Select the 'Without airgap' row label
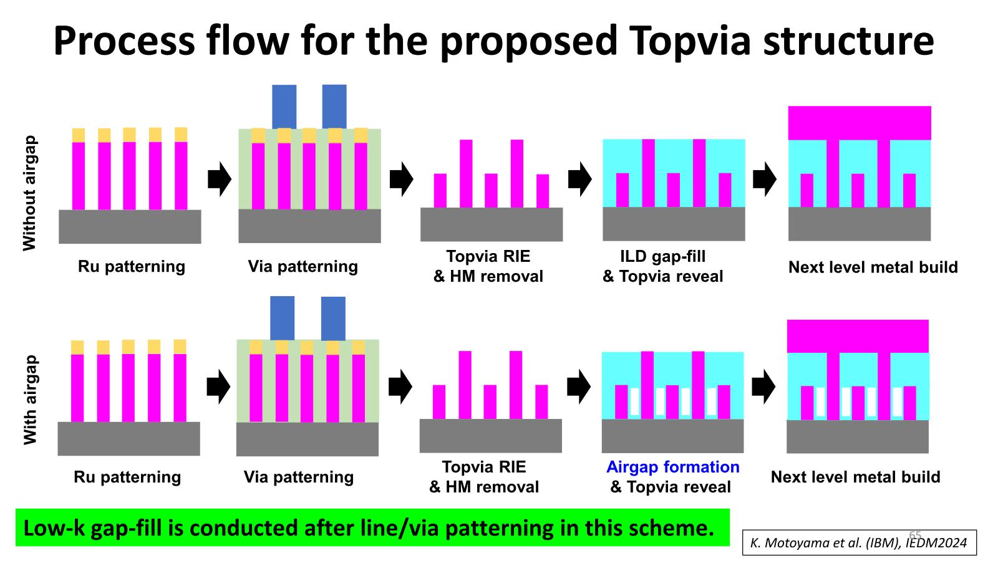coord(29,193)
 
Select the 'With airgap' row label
coord(29,400)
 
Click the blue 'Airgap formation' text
coord(672,467)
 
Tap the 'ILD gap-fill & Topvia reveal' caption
coord(662,266)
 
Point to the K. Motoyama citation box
coord(859,543)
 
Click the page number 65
coord(915,535)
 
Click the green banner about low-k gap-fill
coord(372,527)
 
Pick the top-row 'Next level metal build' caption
coord(873,267)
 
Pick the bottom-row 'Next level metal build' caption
coord(855,477)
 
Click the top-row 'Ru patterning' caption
coord(131,267)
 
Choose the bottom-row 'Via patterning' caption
coord(298,477)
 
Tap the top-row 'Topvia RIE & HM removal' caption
coord(488,266)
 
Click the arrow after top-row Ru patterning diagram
coord(219,179)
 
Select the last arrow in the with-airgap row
coord(763,386)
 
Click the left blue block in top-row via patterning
coord(284,107)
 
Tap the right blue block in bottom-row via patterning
coord(333,318)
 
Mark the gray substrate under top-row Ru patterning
coord(130,226)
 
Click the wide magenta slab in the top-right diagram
coord(859,123)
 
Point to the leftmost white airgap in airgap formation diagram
coord(634,402)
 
